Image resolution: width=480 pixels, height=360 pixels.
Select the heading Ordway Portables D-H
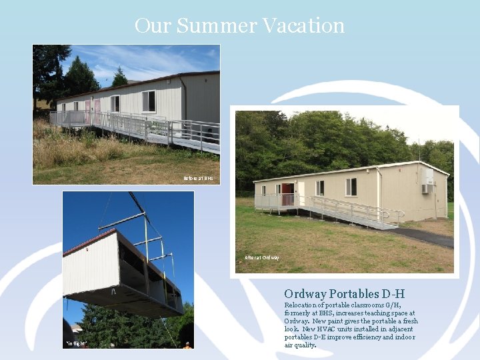[344, 294]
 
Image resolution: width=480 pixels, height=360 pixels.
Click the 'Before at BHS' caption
[198, 178]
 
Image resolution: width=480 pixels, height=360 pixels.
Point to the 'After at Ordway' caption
[262, 257]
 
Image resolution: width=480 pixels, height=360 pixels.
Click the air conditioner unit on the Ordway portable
[426, 189]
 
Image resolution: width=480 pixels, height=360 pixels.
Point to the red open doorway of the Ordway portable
[287, 193]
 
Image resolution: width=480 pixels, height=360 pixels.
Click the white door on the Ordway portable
[299, 193]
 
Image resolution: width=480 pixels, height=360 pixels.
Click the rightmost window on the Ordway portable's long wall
[351, 187]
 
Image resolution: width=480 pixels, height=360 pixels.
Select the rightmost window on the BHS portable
[149, 101]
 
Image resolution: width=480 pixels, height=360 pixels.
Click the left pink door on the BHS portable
[87, 109]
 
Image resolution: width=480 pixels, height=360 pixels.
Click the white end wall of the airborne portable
[90, 264]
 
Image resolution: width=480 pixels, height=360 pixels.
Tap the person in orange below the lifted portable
[187, 345]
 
